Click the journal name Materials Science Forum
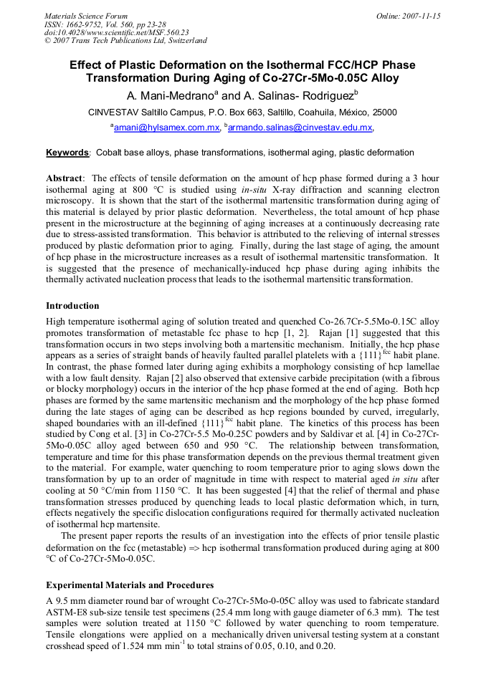(x=86, y=16)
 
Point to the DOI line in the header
(x=116, y=32)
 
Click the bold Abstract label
(x=65, y=178)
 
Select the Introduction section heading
(x=72, y=306)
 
